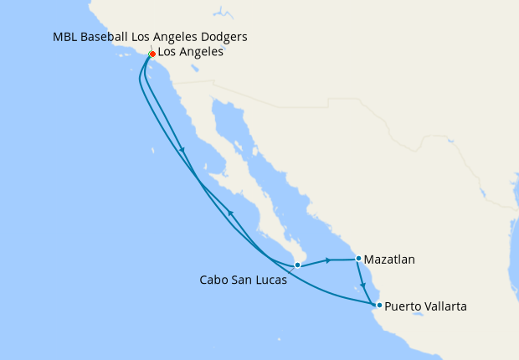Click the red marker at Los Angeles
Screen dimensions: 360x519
pyautogui.click(x=152, y=54)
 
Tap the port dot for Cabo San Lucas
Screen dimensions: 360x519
pyautogui.click(x=297, y=265)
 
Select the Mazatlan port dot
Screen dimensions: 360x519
pyautogui.click(x=358, y=259)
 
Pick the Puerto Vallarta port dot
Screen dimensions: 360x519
pyautogui.click(x=379, y=306)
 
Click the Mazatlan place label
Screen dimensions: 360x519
pyautogui.click(x=389, y=260)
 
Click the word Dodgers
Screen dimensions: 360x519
pyautogui.click(x=223, y=38)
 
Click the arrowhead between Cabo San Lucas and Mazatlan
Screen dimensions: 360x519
pyautogui.click(x=328, y=260)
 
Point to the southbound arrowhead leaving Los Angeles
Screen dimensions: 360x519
pyautogui.click(x=182, y=151)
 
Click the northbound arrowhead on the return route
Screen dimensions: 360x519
pyautogui.click(x=231, y=214)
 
